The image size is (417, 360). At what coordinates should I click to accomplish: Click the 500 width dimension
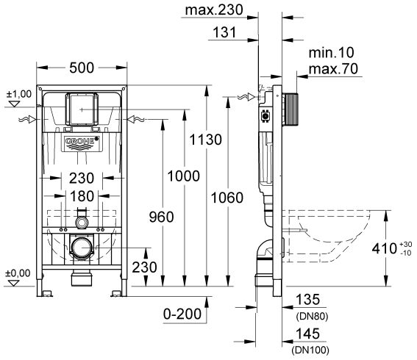point(82,68)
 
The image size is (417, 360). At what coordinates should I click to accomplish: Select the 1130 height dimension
point(205,140)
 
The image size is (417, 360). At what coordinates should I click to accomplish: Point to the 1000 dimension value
point(184,176)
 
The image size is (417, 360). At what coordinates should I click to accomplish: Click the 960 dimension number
point(161,217)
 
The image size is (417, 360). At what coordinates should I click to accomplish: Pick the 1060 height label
point(227,198)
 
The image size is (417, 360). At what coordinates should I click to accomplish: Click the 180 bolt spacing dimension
point(82,196)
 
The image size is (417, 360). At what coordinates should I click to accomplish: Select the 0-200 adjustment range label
point(182,314)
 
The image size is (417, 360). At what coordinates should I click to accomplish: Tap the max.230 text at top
point(214,10)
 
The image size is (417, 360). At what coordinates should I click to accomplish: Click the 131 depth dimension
point(224,32)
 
